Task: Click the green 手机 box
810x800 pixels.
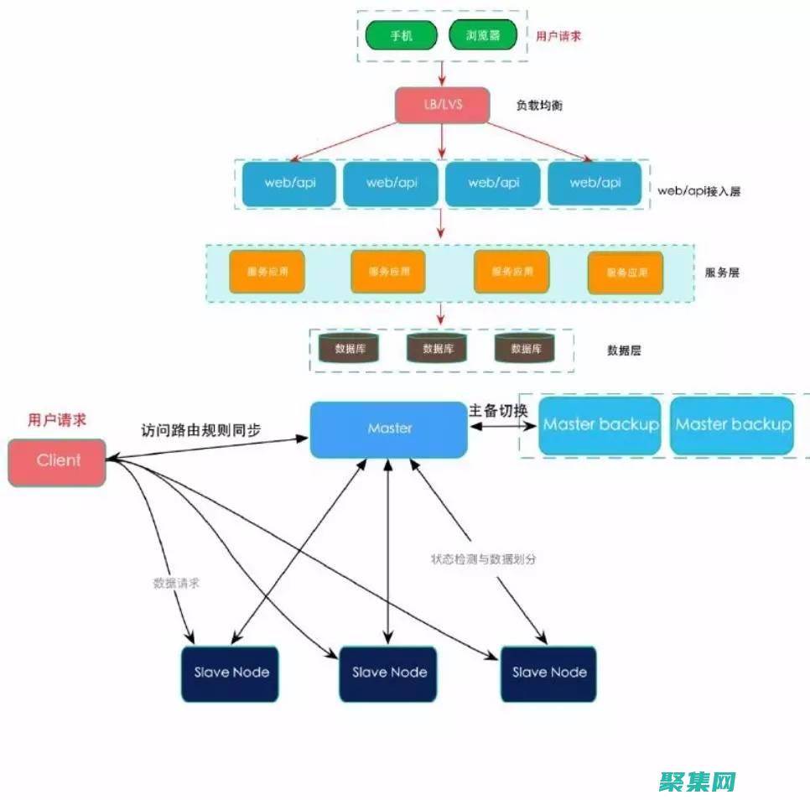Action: pos(402,35)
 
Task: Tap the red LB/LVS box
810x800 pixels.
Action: pos(442,105)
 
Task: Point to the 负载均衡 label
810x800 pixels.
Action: pos(539,106)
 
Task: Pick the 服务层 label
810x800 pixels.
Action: pos(722,273)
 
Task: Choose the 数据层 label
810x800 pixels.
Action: pos(624,351)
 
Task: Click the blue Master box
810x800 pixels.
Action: pos(388,429)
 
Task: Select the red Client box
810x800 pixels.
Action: pos(57,461)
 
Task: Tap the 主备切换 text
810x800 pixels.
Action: pos(497,410)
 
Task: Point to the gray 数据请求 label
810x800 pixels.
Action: pos(176,583)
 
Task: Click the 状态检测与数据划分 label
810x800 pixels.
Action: pos(483,558)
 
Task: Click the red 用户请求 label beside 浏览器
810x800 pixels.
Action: pos(558,36)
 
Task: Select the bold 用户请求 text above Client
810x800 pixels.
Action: pos(56,419)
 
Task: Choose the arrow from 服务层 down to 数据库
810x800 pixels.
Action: pos(441,314)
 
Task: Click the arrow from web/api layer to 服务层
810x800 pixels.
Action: pos(441,225)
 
